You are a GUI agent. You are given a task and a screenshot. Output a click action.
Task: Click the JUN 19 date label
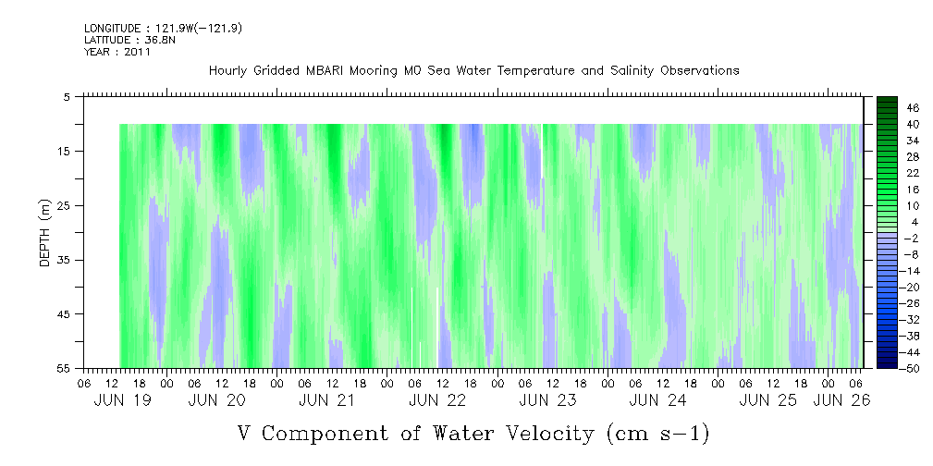click(x=123, y=400)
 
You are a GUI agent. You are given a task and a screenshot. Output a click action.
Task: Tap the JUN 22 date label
click(x=437, y=400)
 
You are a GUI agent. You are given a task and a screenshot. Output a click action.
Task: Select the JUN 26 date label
click(x=842, y=400)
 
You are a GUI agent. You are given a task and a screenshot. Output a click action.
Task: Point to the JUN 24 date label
click(x=657, y=400)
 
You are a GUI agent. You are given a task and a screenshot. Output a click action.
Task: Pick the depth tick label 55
click(x=64, y=368)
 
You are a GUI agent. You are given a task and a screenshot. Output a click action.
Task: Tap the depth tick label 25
click(x=64, y=206)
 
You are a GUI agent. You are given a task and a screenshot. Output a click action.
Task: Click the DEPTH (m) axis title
click(x=46, y=233)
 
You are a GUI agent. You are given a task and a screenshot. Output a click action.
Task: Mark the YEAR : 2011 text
click(x=117, y=52)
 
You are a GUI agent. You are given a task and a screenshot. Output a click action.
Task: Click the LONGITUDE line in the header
click(x=163, y=28)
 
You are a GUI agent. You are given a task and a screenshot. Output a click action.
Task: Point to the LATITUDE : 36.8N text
click(x=129, y=40)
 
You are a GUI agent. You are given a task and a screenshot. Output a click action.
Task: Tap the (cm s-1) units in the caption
click(x=657, y=434)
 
